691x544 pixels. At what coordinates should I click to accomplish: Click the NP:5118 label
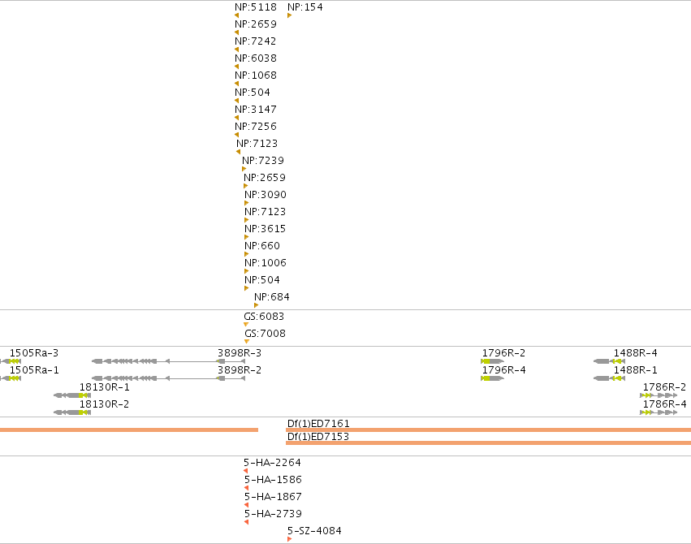pyautogui.click(x=256, y=7)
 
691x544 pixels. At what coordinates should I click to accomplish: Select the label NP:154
pyautogui.click(x=305, y=7)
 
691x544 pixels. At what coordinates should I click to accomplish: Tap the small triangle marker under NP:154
pyautogui.click(x=290, y=15)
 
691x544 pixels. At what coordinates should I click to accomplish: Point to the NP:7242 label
pyautogui.click(x=256, y=41)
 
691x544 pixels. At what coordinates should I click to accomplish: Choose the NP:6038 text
pyautogui.click(x=256, y=58)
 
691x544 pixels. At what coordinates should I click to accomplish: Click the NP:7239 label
pyautogui.click(x=263, y=160)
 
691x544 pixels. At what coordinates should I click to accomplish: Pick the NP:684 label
pyautogui.click(x=272, y=297)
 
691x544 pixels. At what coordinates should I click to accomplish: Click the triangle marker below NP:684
pyautogui.click(x=256, y=305)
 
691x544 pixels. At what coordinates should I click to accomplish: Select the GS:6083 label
pyautogui.click(x=264, y=317)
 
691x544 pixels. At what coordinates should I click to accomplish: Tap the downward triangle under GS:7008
pyautogui.click(x=247, y=341)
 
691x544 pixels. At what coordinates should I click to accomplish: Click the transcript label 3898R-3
pyautogui.click(x=240, y=353)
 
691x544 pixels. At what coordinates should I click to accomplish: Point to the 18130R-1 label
pyautogui.click(x=105, y=386)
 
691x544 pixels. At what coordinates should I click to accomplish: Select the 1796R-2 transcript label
pyautogui.click(x=503, y=353)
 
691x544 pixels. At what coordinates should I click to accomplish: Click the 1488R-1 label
pyautogui.click(x=636, y=370)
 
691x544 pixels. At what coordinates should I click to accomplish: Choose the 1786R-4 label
pyautogui.click(x=664, y=404)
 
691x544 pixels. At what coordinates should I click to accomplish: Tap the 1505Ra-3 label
pyautogui.click(x=34, y=353)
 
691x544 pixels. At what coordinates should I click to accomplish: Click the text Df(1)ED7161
pyautogui.click(x=318, y=423)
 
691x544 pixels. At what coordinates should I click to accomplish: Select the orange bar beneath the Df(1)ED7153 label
pyautogui.click(x=488, y=443)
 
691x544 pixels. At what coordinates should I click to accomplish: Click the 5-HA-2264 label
pyautogui.click(x=272, y=463)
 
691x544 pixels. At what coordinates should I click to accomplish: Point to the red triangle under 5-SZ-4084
pyautogui.click(x=290, y=539)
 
